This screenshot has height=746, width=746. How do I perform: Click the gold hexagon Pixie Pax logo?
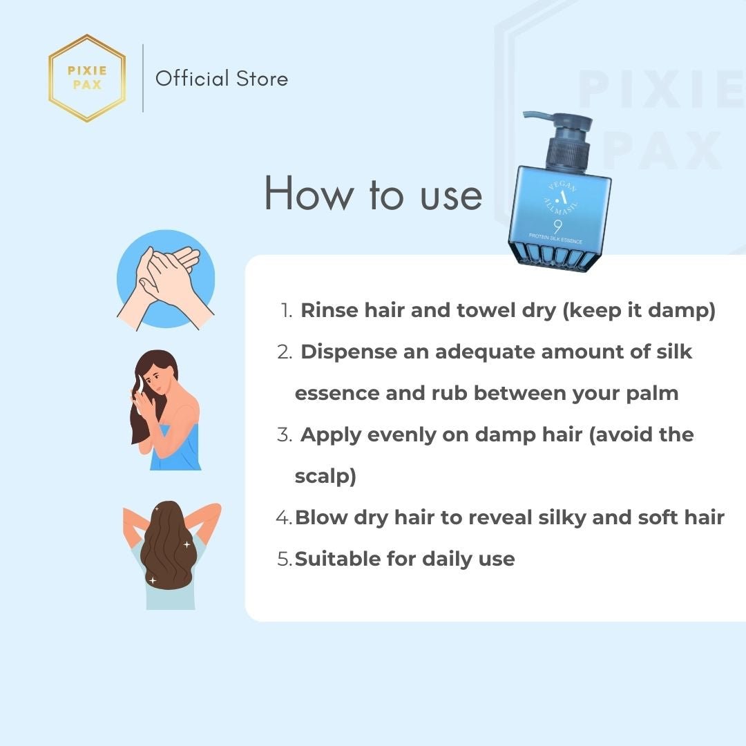click(x=87, y=78)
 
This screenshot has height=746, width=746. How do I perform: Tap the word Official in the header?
click(x=192, y=79)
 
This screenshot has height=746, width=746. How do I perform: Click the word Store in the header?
click(x=262, y=79)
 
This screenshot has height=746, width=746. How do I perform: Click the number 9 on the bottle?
click(x=557, y=227)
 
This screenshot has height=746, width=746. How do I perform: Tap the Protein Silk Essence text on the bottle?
click(x=555, y=238)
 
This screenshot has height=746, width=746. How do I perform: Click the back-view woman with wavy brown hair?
click(x=171, y=555)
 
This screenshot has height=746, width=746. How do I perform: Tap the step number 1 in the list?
click(x=286, y=311)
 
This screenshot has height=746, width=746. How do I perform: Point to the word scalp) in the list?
click(x=325, y=476)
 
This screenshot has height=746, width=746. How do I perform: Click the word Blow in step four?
click(x=321, y=517)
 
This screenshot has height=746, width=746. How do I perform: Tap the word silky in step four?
click(x=562, y=518)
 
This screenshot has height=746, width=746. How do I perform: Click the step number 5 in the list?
click(x=284, y=559)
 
